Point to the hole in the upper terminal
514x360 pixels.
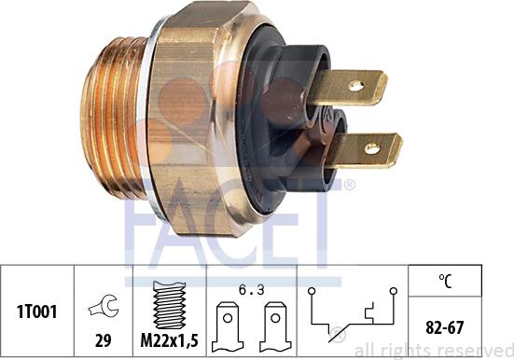356,87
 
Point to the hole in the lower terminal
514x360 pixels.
372,148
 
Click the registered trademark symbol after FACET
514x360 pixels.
349,186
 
